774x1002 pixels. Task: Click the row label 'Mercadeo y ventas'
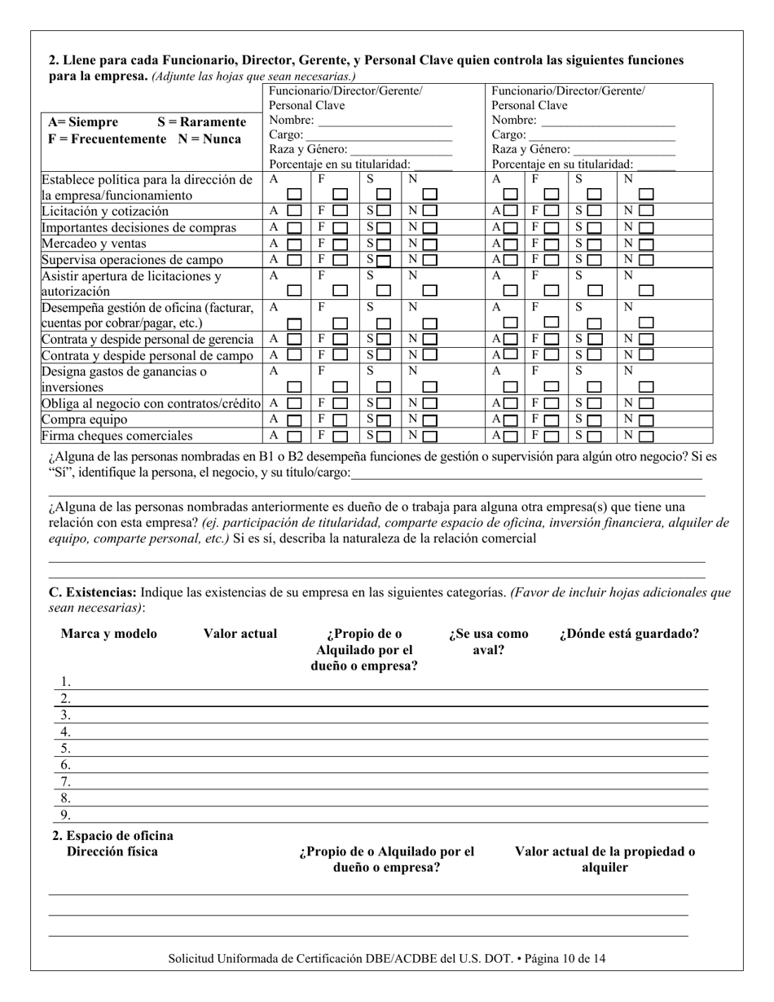point(94,244)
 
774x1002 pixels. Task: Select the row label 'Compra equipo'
point(84,420)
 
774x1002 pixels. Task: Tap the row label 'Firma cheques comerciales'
point(117,436)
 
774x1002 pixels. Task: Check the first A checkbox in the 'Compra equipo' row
point(295,420)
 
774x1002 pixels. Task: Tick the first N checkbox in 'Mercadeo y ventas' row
point(429,244)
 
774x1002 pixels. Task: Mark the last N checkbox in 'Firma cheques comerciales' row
point(646,437)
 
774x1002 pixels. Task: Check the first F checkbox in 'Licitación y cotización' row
point(341,212)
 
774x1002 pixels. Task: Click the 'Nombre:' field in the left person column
point(385,121)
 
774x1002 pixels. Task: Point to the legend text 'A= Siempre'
point(82,122)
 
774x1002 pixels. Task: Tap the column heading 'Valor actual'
point(240,634)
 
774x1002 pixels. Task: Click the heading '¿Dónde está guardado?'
point(628,634)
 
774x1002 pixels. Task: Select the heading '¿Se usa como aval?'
point(488,642)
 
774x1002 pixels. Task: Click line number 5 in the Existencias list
point(66,748)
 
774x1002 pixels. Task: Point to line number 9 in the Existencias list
point(66,815)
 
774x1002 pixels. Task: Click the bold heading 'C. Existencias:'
point(93,593)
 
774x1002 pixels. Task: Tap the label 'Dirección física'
point(112,852)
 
